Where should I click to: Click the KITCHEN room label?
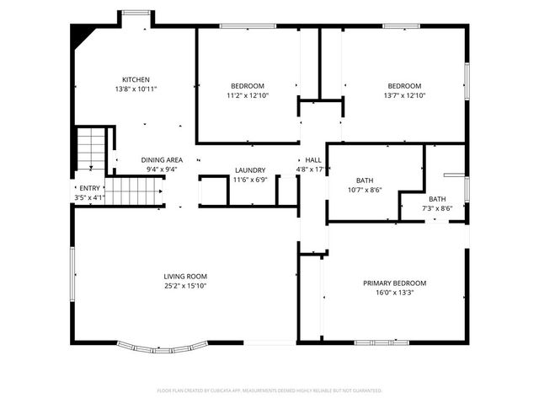[x=136, y=80]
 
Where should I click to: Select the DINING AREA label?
[x=162, y=159]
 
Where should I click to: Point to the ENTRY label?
[x=89, y=188]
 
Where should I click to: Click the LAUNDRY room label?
[x=249, y=170]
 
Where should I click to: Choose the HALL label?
[x=312, y=159]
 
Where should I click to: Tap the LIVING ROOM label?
[x=185, y=276]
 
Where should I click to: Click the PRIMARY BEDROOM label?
[x=394, y=283]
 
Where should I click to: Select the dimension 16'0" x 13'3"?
[x=394, y=293]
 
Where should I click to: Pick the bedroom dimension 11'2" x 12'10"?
[x=248, y=95]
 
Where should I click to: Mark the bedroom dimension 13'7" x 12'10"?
[x=404, y=95]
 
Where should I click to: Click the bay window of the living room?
[x=162, y=346]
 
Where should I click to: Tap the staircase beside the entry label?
[x=133, y=191]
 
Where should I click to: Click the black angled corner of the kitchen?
[x=82, y=35]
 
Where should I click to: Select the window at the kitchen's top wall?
[x=136, y=13]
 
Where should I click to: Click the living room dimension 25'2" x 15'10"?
[x=185, y=286]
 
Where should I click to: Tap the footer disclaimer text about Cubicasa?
[x=269, y=391]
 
